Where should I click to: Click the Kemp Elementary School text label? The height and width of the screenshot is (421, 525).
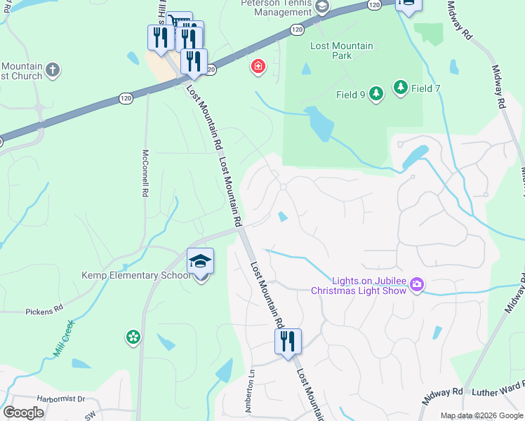tap(135, 275)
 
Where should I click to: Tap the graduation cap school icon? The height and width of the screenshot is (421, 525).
tap(200, 262)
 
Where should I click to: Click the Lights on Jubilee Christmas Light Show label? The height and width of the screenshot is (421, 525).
tap(359, 286)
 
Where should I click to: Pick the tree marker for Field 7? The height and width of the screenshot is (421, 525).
tap(400, 87)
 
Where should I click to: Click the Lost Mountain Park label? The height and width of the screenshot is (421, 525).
tap(342, 51)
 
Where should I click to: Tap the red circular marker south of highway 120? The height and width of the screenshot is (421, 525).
tap(258, 67)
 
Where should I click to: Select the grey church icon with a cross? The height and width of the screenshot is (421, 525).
tap(53, 69)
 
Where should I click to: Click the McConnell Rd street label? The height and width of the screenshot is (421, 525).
tap(145, 172)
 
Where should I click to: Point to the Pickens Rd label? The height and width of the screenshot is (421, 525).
tap(44, 309)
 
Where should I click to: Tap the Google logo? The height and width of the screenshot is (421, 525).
tap(23, 413)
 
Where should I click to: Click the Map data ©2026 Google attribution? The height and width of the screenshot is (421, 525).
tap(481, 415)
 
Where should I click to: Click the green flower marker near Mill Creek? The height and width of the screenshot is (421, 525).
tap(133, 338)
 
